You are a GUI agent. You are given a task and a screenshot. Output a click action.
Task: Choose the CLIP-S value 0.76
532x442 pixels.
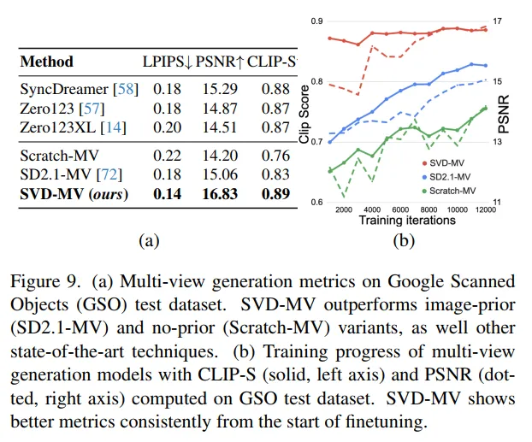coord(274,155)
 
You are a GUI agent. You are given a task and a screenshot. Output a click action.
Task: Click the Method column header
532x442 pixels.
coord(46,62)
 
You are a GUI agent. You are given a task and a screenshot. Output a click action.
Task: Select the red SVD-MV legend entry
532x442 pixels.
coord(449,162)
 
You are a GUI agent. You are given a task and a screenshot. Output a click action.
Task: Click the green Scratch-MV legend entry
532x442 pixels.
coord(455,186)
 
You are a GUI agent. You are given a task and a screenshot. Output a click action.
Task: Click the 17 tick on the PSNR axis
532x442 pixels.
coord(498,20)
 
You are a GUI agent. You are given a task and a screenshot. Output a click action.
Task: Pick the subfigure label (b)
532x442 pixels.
coord(403,241)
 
